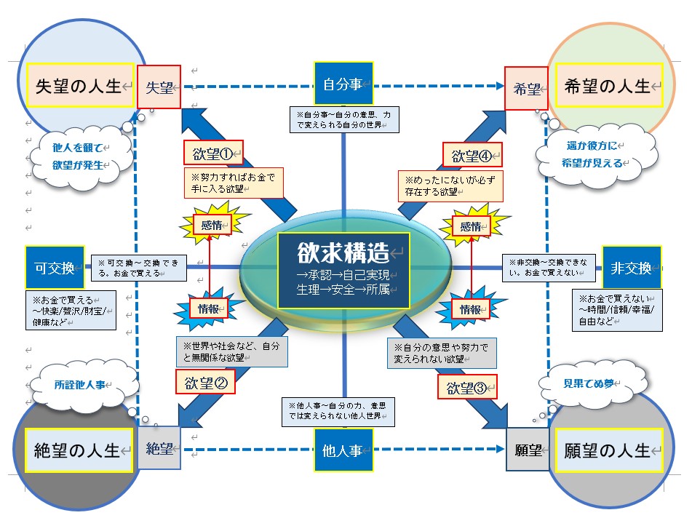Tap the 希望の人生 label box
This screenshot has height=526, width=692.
608,86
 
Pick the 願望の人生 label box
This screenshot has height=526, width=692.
608,450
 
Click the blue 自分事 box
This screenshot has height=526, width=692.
343,84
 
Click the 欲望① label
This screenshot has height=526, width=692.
212,154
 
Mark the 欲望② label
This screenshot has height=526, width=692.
206,382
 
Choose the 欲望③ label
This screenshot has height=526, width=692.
466,386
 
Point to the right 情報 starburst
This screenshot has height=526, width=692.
469,309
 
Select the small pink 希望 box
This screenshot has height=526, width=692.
526,88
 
